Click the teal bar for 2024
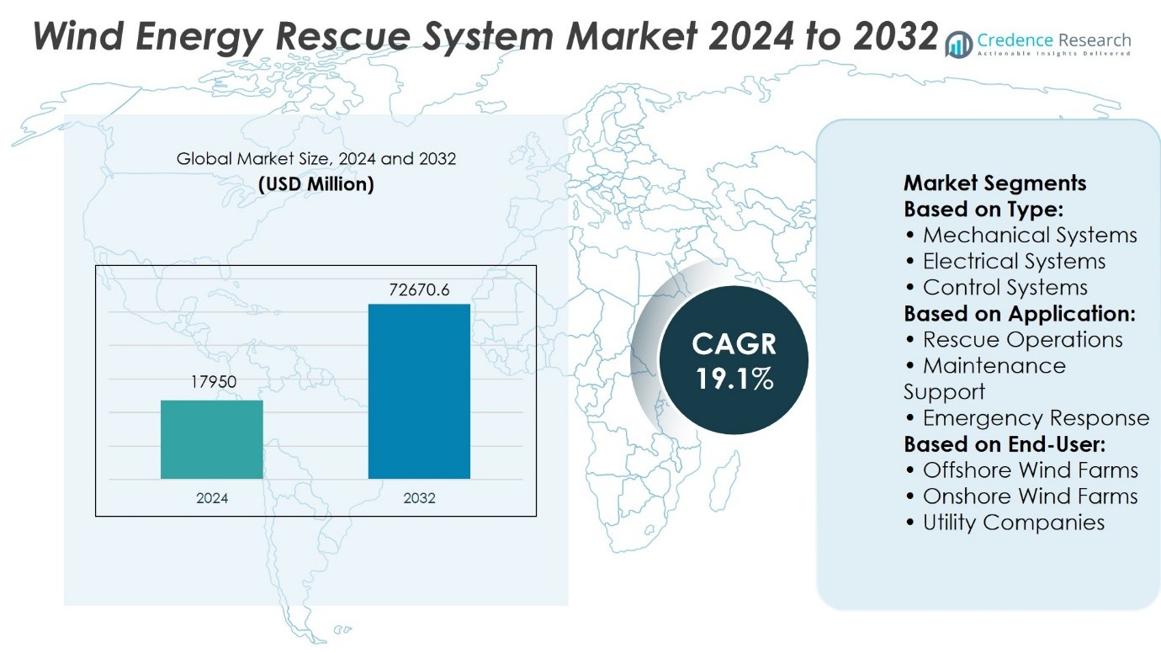[x=212, y=439]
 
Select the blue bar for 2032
[x=419, y=391]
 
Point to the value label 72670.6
[x=419, y=289]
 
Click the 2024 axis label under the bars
[x=212, y=498]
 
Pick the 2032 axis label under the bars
[x=419, y=498]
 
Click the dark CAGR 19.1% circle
[x=734, y=359]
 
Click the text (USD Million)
[x=315, y=184]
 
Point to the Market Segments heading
[x=994, y=183]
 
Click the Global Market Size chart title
[x=315, y=158]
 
